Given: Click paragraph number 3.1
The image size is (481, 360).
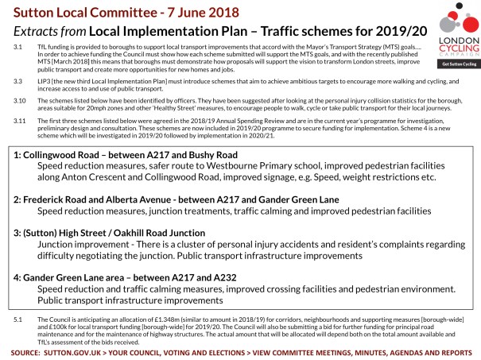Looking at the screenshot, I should coord(17,48).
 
